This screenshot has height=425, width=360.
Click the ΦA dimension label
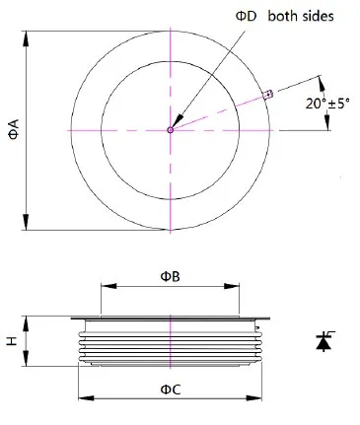[14, 129]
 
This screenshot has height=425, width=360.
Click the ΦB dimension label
[170, 276]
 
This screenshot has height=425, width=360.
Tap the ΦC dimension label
[171, 390]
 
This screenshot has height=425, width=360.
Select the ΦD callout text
[246, 16]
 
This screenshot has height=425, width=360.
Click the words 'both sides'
[301, 16]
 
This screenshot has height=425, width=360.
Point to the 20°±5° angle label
[327, 104]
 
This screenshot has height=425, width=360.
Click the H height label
[12, 341]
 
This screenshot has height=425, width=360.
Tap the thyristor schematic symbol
[324, 341]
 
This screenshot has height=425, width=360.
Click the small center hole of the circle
[170, 130]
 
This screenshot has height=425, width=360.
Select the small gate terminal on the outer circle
[268, 95]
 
